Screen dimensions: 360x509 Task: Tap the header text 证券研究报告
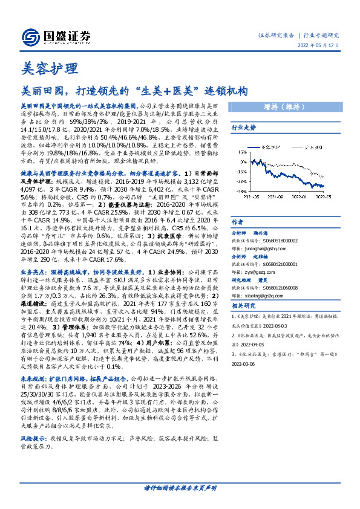point(278,35)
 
